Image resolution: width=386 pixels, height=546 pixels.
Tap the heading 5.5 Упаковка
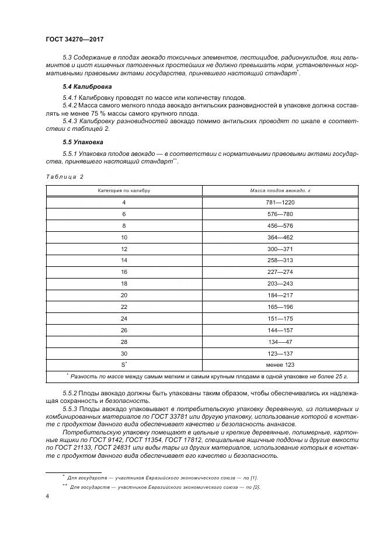82,142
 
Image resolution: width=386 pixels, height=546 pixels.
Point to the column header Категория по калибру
124,190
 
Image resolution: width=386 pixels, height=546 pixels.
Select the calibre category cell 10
124,237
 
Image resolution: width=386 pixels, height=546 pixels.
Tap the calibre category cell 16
124,272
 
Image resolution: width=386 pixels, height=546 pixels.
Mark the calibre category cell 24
124,319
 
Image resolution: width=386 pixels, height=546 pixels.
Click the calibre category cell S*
124,365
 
